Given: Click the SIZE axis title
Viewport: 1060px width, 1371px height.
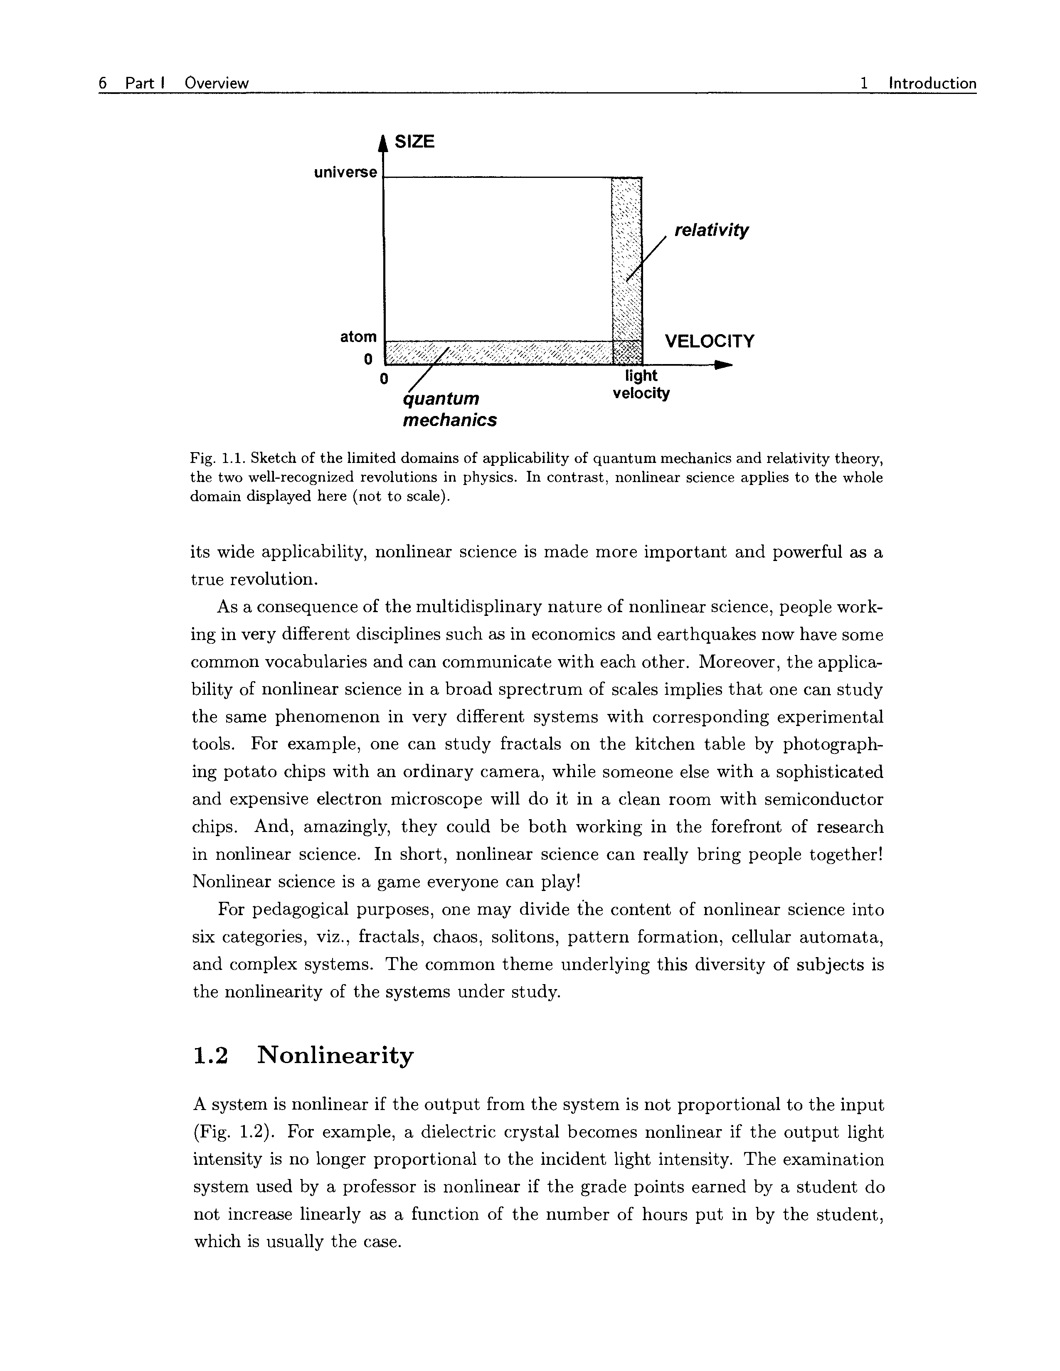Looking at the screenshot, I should (x=414, y=141).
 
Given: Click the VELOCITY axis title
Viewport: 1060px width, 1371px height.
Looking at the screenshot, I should (x=710, y=342).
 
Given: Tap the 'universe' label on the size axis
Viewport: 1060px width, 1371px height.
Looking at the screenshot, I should (x=346, y=172).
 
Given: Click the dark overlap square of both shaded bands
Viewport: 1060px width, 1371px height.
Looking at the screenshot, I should (x=627, y=352).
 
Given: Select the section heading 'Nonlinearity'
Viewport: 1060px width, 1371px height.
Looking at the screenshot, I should (x=335, y=1055).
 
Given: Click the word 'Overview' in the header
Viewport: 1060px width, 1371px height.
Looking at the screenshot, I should (x=217, y=83).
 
